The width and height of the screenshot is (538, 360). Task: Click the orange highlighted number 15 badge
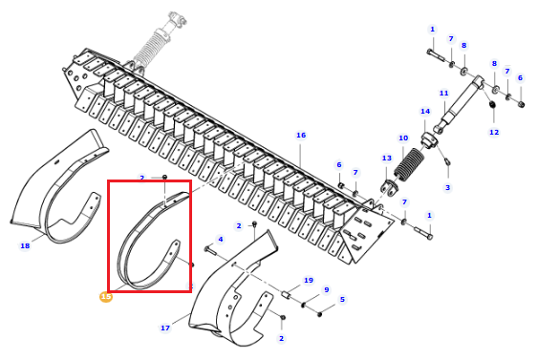coord(106,297)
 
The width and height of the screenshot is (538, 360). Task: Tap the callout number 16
coord(301,136)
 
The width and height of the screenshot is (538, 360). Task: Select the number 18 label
coord(25,245)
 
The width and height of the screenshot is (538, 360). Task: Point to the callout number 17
coord(165,328)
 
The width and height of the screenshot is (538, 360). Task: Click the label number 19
coord(309,281)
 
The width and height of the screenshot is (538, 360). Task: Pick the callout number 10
coord(403,138)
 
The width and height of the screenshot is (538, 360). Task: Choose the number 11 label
coord(444,94)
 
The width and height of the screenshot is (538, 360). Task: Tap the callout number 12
coord(494,133)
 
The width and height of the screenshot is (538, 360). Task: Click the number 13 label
coord(387,159)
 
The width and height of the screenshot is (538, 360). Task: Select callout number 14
coord(425,112)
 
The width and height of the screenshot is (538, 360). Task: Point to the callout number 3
coord(447,188)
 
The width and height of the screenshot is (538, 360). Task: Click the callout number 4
coord(221,240)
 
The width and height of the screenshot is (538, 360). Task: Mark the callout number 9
coord(326,290)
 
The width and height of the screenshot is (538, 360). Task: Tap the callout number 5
coord(342,300)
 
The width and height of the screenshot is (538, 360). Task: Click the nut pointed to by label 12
coord(492,104)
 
